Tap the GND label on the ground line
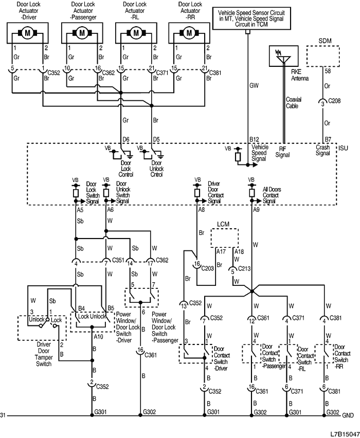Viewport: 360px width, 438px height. click(x=348, y=415)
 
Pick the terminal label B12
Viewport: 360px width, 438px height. click(x=255, y=139)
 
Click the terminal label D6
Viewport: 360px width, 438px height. click(x=124, y=139)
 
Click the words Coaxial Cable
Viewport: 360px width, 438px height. click(x=293, y=103)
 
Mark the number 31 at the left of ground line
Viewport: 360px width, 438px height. click(x=4, y=415)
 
